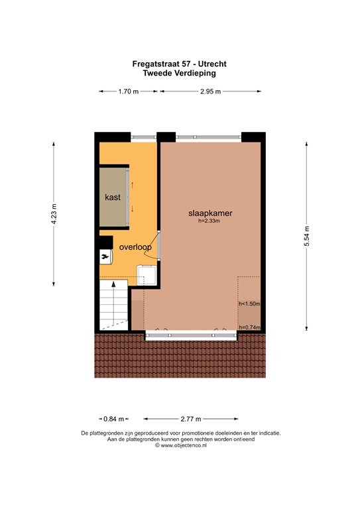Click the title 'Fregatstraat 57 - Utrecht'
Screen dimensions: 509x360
(x=180, y=64)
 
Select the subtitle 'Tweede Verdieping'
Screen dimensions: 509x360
(x=180, y=74)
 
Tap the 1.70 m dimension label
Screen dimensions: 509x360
(x=128, y=92)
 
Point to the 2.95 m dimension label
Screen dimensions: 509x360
(x=211, y=92)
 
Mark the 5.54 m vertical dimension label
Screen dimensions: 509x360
(x=306, y=235)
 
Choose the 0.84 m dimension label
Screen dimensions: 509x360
(x=113, y=419)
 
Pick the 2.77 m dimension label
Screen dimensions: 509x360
(x=190, y=419)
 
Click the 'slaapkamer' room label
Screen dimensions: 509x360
(x=209, y=214)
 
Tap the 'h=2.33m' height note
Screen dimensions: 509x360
(x=209, y=222)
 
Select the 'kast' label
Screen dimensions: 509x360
(x=111, y=198)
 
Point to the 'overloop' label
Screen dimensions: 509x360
(x=135, y=247)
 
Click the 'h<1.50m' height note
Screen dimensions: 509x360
(x=249, y=304)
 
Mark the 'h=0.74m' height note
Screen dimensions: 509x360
(x=249, y=327)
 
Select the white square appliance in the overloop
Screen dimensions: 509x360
(x=146, y=274)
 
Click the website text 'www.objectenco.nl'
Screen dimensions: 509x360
(x=182, y=446)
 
